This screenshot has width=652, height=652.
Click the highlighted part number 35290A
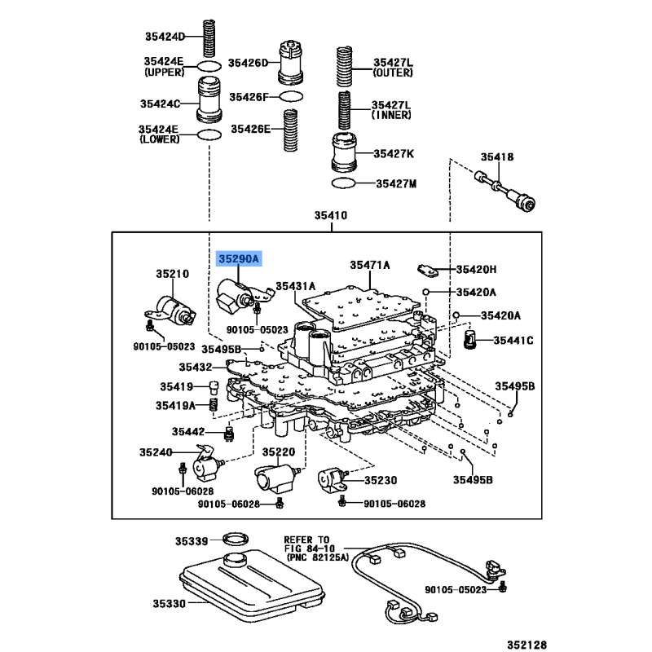(x=239, y=259)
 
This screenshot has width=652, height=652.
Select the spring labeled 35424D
(x=209, y=38)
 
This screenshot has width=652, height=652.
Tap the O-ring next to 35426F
(x=291, y=97)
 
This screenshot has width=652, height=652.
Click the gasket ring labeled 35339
(x=236, y=539)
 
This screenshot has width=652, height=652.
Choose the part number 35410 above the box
(x=331, y=215)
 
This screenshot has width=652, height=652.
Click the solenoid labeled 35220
(x=275, y=478)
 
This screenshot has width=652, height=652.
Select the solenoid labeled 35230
(x=333, y=481)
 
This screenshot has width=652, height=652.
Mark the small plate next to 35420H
(x=428, y=271)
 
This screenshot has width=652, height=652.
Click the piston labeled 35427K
(x=344, y=153)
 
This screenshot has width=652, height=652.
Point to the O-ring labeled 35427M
(x=343, y=183)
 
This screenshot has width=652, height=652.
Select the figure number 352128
(x=527, y=645)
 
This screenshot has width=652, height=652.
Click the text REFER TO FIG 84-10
(x=310, y=544)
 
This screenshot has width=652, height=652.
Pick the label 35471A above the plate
(x=370, y=265)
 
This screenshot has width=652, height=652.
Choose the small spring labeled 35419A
(x=213, y=404)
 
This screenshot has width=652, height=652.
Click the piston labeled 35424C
(x=209, y=100)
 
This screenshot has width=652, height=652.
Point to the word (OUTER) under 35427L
(x=393, y=73)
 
